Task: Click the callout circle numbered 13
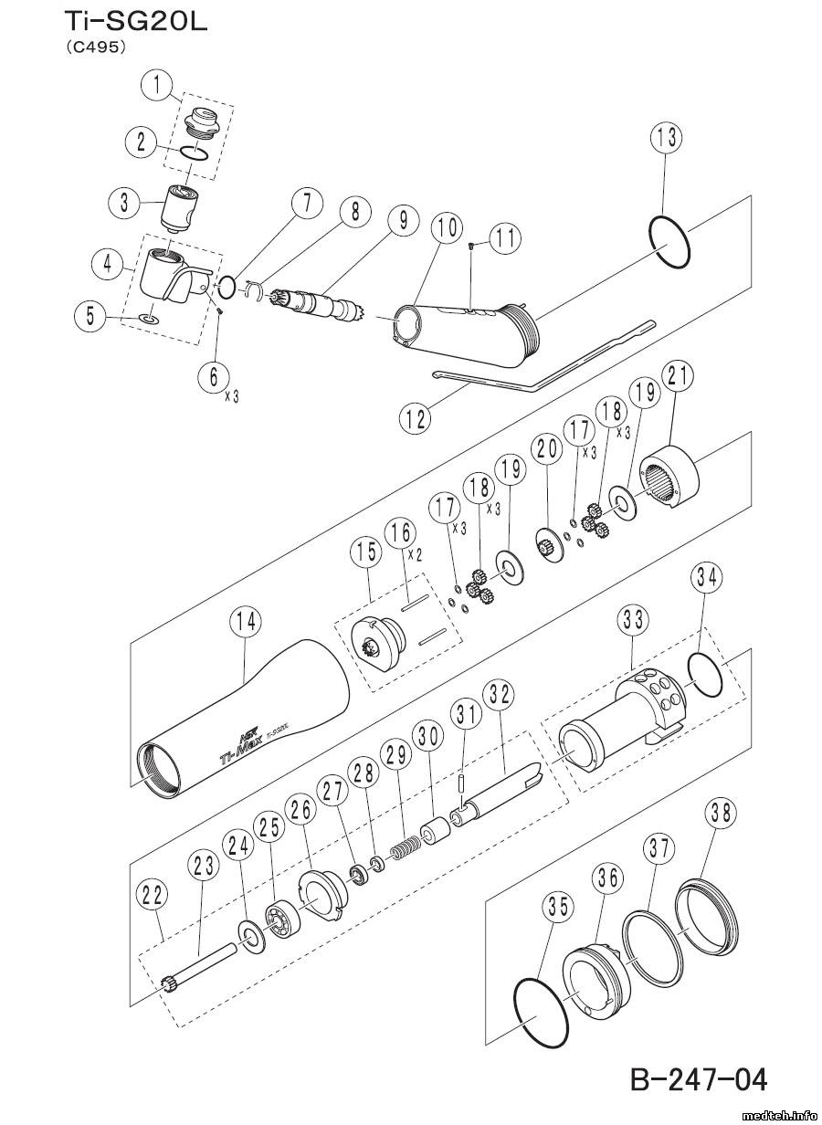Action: click(x=667, y=139)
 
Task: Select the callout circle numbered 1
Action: click(x=157, y=86)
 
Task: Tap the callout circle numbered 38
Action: click(x=721, y=813)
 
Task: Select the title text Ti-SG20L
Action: click(x=136, y=23)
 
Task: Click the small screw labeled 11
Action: click(x=471, y=246)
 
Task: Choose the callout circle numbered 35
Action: click(x=558, y=907)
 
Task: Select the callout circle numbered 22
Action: click(x=153, y=895)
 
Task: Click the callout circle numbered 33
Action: click(x=633, y=621)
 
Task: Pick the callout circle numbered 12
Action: click(x=415, y=418)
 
